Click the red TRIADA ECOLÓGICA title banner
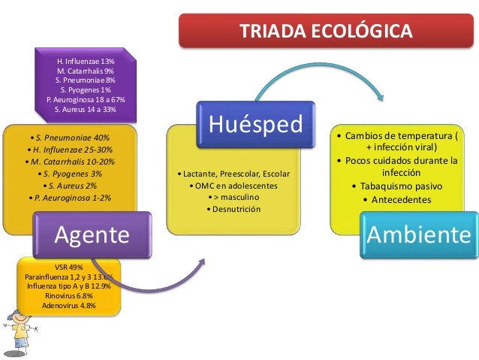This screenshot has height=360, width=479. tap(325, 31)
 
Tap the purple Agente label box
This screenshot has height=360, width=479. tap(91, 235)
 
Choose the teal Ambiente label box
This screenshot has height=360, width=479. tap(419, 235)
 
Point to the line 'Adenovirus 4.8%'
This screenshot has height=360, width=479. tap(69, 305)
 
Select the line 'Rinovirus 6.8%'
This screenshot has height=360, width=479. tap(69, 296)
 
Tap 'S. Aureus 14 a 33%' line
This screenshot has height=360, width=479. tap(86, 109)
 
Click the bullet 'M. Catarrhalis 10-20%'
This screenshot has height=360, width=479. tap(70, 162)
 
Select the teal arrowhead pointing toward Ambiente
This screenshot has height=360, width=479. tap(380, 98)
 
